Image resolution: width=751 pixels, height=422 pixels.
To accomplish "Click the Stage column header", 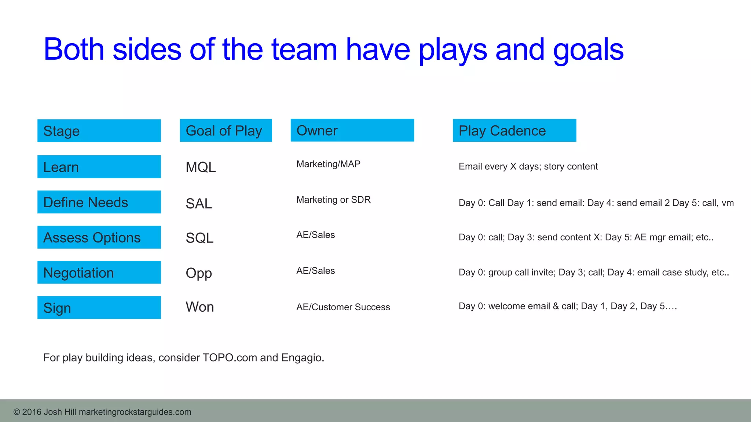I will (99, 131).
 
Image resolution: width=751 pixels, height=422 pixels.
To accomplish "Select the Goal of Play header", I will (226, 130).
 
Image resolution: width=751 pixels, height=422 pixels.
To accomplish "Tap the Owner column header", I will (352, 130).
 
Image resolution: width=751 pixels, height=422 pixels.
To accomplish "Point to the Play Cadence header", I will (514, 130).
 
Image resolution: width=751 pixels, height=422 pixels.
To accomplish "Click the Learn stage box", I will (99, 167).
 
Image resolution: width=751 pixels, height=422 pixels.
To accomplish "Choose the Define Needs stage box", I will (99, 202).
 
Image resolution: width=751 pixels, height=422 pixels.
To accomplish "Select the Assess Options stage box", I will (99, 237).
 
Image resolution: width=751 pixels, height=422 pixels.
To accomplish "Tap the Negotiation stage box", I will (99, 273).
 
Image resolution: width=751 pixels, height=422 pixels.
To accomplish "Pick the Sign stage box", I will (99, 308).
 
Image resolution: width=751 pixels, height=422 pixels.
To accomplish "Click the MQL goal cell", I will (201, 167).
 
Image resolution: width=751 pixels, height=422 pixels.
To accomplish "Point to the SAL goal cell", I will (199, 204).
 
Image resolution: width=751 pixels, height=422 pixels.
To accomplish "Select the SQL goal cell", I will (199, 238).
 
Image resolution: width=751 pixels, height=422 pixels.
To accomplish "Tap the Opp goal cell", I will (199, 273).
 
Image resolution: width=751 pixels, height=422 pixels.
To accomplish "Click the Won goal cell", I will (200, 307).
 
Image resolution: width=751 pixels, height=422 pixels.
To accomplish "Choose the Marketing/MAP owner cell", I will (328, 164).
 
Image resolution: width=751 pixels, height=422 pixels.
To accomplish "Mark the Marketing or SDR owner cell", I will (333, 200).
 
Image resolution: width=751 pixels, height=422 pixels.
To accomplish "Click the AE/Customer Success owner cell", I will (343, 307).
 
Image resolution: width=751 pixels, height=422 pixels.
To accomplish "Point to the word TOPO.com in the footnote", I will (230, 358).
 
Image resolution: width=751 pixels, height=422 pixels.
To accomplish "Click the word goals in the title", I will (588, 50).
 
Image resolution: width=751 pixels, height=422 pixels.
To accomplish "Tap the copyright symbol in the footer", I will (17, 412).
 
